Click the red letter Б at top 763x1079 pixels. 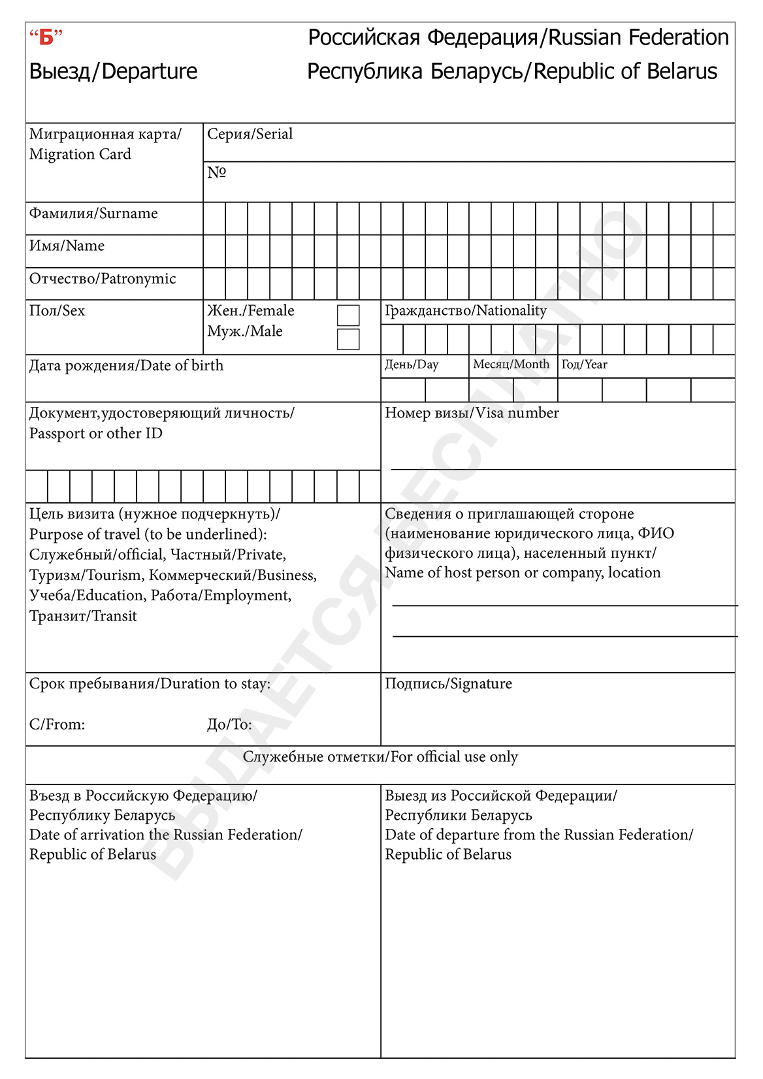click(46, 38)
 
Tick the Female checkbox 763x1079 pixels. click(348, 315)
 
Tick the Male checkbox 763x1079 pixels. click(348, 339)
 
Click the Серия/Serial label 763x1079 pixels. click(250, 135)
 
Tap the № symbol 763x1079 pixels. click(216, 173)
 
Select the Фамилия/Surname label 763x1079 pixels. click(93, 214)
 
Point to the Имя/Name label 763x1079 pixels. click(67, 246)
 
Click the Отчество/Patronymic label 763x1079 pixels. click(103, 279)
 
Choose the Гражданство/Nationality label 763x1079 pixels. click(465, 311)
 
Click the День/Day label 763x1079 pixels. click(412, 364)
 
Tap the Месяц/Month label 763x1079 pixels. click(511, 364)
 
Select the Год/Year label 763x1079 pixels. click(584, 364)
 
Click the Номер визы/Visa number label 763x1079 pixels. click(472, 413)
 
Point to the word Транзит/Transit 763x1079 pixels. click(83, 616)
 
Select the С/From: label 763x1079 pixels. click(57, 724)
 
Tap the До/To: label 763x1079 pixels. click(229, 724)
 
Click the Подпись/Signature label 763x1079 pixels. click(448, 684)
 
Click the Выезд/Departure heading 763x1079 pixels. click(113, 71)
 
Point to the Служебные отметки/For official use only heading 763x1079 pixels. click(380, 757)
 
